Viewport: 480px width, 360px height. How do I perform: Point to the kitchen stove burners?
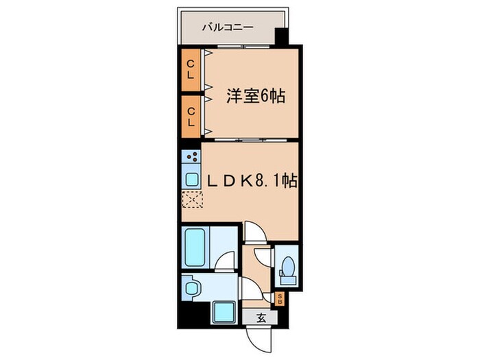pos(192,156)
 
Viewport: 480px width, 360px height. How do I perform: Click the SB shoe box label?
pos(280,298)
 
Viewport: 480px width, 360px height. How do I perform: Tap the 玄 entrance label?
pos(262,317)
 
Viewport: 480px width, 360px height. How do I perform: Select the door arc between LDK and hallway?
pos(251,233)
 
